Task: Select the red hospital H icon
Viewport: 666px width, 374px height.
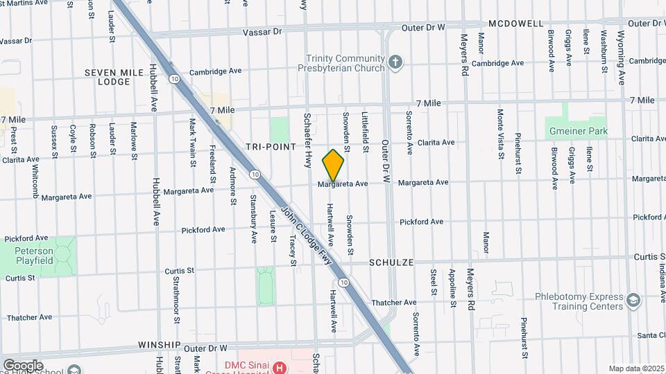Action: [279, 367]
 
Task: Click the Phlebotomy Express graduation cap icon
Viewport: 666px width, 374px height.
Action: [633, 301]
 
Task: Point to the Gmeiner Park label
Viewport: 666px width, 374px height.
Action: [578, 131]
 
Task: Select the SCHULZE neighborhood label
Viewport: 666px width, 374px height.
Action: [391, 263]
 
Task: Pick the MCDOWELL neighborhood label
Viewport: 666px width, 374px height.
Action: [515, 24]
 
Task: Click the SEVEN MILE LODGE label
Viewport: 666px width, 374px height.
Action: [108, 77]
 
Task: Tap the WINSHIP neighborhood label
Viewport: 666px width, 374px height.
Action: [159, 344]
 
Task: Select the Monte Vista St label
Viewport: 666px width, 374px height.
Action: [499, 134]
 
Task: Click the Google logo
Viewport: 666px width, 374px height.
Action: [23, 366]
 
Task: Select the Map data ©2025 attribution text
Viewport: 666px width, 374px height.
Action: [635, 368]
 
